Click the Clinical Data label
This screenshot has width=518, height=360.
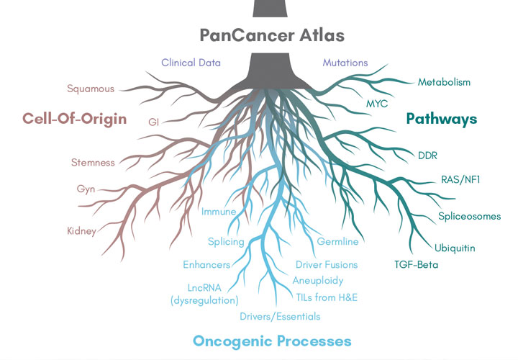tap(191, 63)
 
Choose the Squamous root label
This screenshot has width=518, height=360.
tap(91, 89)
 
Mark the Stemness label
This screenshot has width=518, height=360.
tap(93, 163)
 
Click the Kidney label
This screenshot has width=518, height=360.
tap(81, 231)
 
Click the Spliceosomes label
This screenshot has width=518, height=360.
tap(469, 216)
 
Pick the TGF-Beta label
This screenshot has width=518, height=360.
tap(416, 265)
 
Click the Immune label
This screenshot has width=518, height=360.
tap(219, 212)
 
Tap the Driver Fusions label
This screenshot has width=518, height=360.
tap(327, 265)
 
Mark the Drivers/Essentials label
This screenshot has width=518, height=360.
tap(280, 316)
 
